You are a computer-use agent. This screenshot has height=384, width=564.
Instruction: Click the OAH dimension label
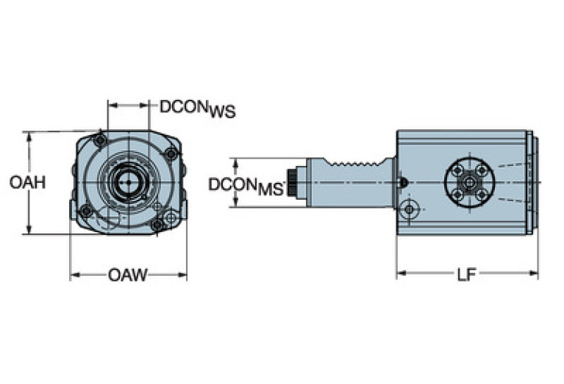27,182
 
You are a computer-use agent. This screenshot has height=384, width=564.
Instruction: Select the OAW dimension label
128,275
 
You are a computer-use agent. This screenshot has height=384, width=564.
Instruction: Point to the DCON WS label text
198,109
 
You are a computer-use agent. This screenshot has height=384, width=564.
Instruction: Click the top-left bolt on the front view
101,140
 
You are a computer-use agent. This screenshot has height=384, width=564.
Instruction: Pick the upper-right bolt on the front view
171,153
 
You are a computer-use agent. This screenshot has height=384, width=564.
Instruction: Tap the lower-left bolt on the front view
86,211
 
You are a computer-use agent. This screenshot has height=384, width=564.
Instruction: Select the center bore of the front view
129,181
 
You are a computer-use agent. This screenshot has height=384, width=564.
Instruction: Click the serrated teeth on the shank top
357,162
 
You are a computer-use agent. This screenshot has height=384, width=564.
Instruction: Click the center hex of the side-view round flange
469,182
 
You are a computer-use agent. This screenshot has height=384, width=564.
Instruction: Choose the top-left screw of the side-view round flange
457,170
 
